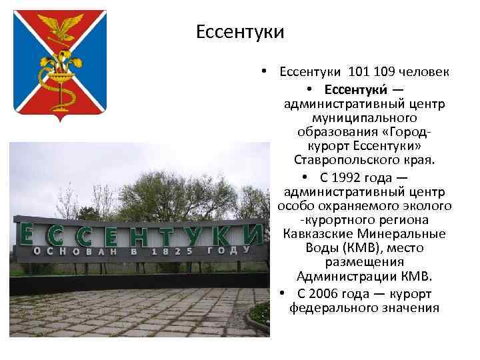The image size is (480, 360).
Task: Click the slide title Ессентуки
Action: click(241, 32)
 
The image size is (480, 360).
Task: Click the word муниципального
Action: click(364, 118)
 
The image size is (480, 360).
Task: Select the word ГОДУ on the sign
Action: click(230, 250)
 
